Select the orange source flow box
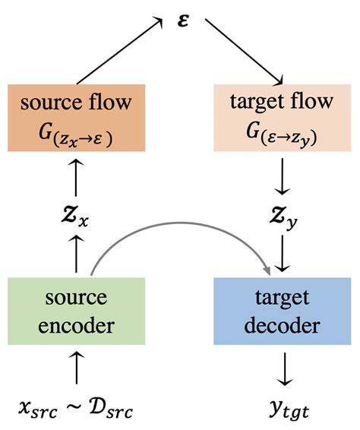click(76, 117)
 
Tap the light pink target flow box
click(283, 117)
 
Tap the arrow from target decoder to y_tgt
click(283, 368)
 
